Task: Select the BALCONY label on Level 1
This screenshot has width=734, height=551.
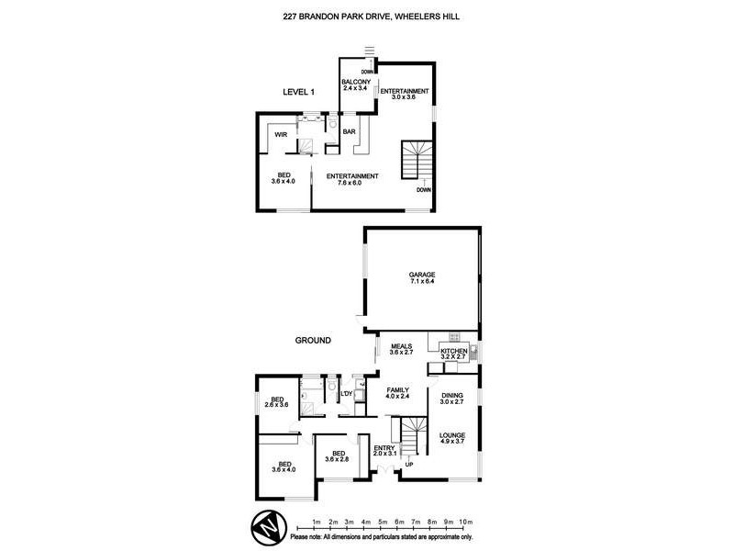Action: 355,83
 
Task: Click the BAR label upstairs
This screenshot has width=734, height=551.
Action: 350,132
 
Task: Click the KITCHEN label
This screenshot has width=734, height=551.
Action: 454,352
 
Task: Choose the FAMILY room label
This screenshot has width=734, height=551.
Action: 397,389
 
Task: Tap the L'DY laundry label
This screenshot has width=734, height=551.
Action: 347,395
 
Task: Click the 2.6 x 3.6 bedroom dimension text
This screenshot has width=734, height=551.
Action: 276,405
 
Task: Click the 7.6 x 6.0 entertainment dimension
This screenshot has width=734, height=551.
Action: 352,183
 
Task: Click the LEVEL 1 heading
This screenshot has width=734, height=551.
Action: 298,93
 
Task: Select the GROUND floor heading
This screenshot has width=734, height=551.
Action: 312,341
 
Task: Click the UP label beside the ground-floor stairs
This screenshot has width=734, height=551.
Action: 409,465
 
